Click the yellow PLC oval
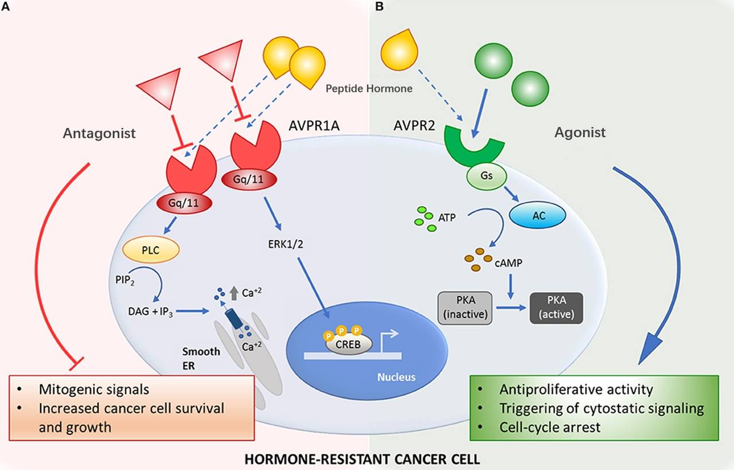click(x=151, y=250)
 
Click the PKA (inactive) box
click(x=465, y=308)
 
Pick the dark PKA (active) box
click(x=556, y=308)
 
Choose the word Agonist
click(x=580, y=133)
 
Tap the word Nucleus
click(x=397, y=378)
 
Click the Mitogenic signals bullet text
click(x=94, y=390)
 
